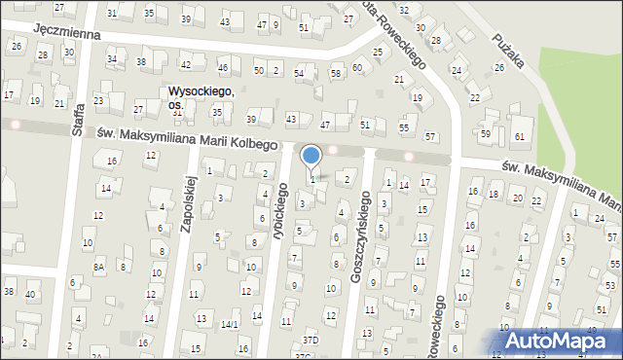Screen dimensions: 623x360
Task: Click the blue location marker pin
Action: (x=311, y=157)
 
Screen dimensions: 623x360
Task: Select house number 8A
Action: (x=98, y=266)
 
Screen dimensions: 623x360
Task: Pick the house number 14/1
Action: (x=230, y=324)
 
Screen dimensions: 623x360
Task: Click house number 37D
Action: (x=310, y=340)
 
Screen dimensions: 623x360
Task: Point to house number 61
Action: (x=520, y=135)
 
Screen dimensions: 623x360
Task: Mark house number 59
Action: (x=486, y=133)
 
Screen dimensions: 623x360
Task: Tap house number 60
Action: (x=357, y=67)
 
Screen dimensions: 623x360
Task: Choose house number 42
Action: (x=185, y=64)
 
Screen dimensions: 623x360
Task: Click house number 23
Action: (x=98, y=101)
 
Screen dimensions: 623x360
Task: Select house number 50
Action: (x=259, y=70)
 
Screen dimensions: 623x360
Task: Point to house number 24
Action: (x=598, y=218)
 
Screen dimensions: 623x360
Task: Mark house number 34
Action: (x=112, y=59)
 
